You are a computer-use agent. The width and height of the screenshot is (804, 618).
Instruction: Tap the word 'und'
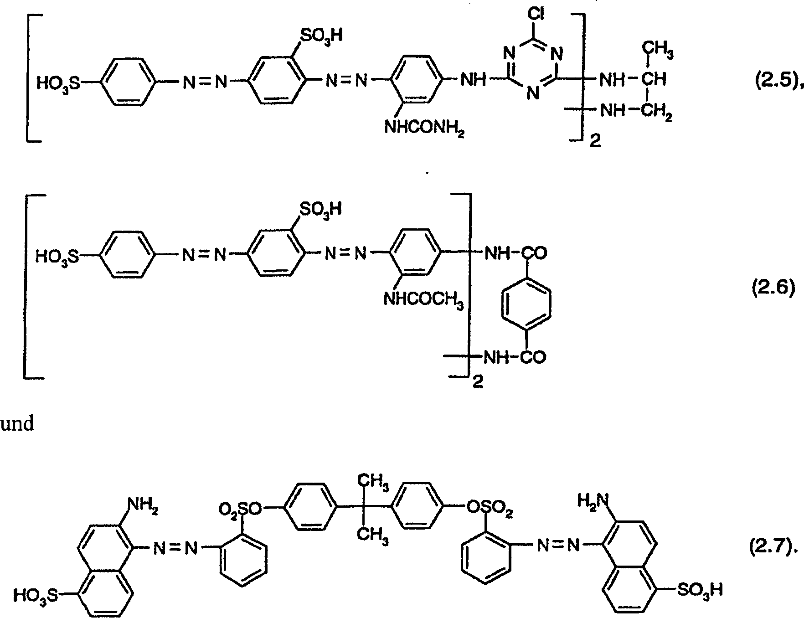[17, 424]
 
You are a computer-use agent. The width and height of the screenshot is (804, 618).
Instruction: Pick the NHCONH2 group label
[424, 127]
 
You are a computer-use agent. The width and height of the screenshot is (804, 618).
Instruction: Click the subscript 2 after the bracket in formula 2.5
[595, 142]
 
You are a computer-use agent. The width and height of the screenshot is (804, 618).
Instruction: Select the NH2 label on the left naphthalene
[143, 505]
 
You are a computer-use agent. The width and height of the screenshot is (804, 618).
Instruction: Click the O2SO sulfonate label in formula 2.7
[240, 509]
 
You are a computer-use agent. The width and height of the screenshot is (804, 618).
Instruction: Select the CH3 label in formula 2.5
[658, 51]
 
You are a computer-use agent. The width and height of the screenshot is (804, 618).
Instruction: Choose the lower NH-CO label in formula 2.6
[515, 358]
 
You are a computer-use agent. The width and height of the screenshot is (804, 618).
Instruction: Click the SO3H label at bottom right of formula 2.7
[700, 591]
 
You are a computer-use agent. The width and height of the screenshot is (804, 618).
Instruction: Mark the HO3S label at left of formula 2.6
[57, 257]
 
